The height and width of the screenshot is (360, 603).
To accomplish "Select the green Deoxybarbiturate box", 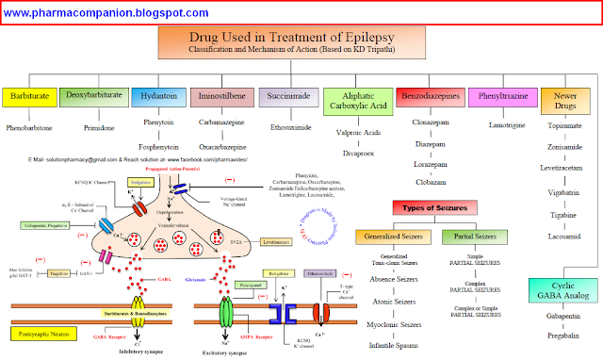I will click(x=93, y=97).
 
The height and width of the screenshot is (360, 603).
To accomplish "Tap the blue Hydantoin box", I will click(x=156, y=97).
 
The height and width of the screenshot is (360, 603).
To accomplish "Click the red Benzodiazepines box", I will click(x=431, y=97).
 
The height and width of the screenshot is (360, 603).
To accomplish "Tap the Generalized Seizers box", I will click(x=388, y=236).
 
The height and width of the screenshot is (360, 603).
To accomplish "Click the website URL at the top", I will click(x=106, y=13).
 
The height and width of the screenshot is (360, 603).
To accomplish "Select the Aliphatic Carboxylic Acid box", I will click(x=358, y=101).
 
